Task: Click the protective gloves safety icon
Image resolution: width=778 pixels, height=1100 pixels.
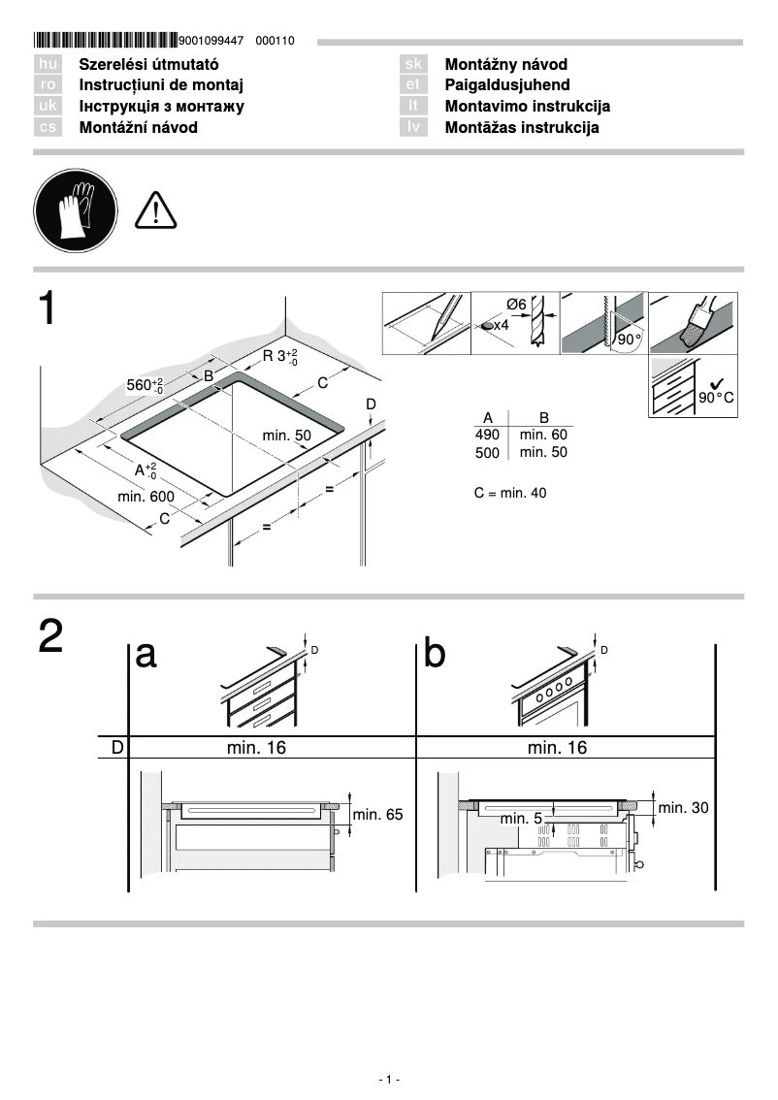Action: pos(75,209)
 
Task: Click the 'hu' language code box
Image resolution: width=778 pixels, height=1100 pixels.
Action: pos(48,64)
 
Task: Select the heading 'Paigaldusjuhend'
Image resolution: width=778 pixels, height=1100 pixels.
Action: pos(506,85)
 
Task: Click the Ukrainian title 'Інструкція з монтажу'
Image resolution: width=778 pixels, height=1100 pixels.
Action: pos(161,107)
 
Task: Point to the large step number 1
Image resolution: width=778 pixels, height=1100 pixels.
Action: pos(49,309)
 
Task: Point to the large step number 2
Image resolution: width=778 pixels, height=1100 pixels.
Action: pos(51,636)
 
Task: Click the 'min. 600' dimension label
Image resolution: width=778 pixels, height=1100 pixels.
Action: pos(146,497)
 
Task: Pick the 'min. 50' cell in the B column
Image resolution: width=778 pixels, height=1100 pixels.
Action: pos(543,452)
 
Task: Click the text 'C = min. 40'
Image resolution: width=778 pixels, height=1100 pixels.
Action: pos(510,493)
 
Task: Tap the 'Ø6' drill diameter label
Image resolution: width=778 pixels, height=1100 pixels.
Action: pos(516,305)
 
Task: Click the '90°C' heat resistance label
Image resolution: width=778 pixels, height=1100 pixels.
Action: pos(717,399)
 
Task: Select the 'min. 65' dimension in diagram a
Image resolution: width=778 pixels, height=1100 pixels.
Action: pos(377,815)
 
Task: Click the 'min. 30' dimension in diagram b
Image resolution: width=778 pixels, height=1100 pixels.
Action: pos(683,807)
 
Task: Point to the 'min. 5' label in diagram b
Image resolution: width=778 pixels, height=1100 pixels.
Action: pos(521,819)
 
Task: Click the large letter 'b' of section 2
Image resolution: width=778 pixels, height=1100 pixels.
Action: pos(436,655)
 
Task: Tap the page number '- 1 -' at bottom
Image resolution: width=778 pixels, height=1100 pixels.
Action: pos(388,1080)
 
